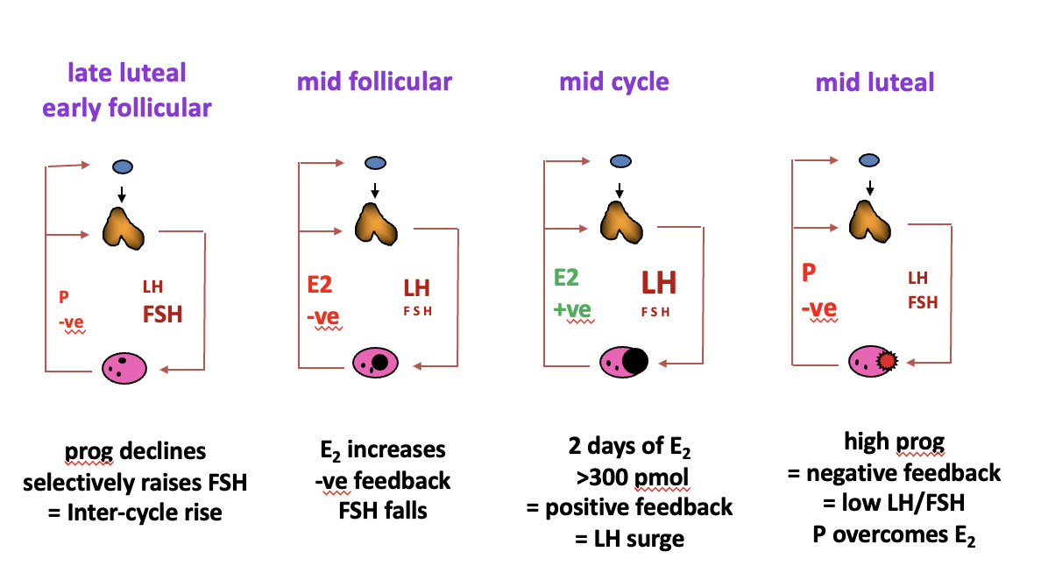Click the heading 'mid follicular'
tap(374, 82)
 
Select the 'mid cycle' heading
tap(614, 82)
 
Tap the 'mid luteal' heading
tap(875, 82)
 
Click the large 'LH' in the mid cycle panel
tap(659, 282)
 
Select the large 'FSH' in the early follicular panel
tap(162, 314)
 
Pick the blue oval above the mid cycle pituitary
tap(620, 162)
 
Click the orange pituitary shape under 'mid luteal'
tap(869, 221)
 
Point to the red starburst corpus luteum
tap(887, 360)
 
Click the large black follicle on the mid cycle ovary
tap(634, 360)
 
